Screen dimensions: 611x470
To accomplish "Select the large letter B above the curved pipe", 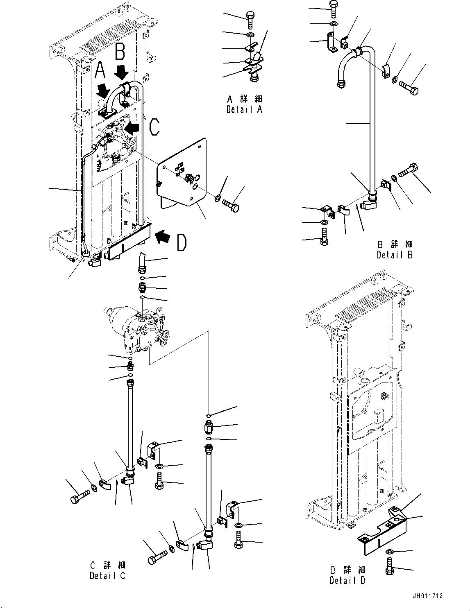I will pos(120,52).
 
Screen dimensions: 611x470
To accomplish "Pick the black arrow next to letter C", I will pos(132,127).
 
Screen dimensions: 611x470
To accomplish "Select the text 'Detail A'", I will pos(244,110).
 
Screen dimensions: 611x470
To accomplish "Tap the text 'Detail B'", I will pos(395,255).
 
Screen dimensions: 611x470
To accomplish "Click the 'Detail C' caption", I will pos(107,575).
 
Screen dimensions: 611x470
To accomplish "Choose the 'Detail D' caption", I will pos(347,580).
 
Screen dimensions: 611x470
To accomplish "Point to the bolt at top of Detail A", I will pos(250,18).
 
